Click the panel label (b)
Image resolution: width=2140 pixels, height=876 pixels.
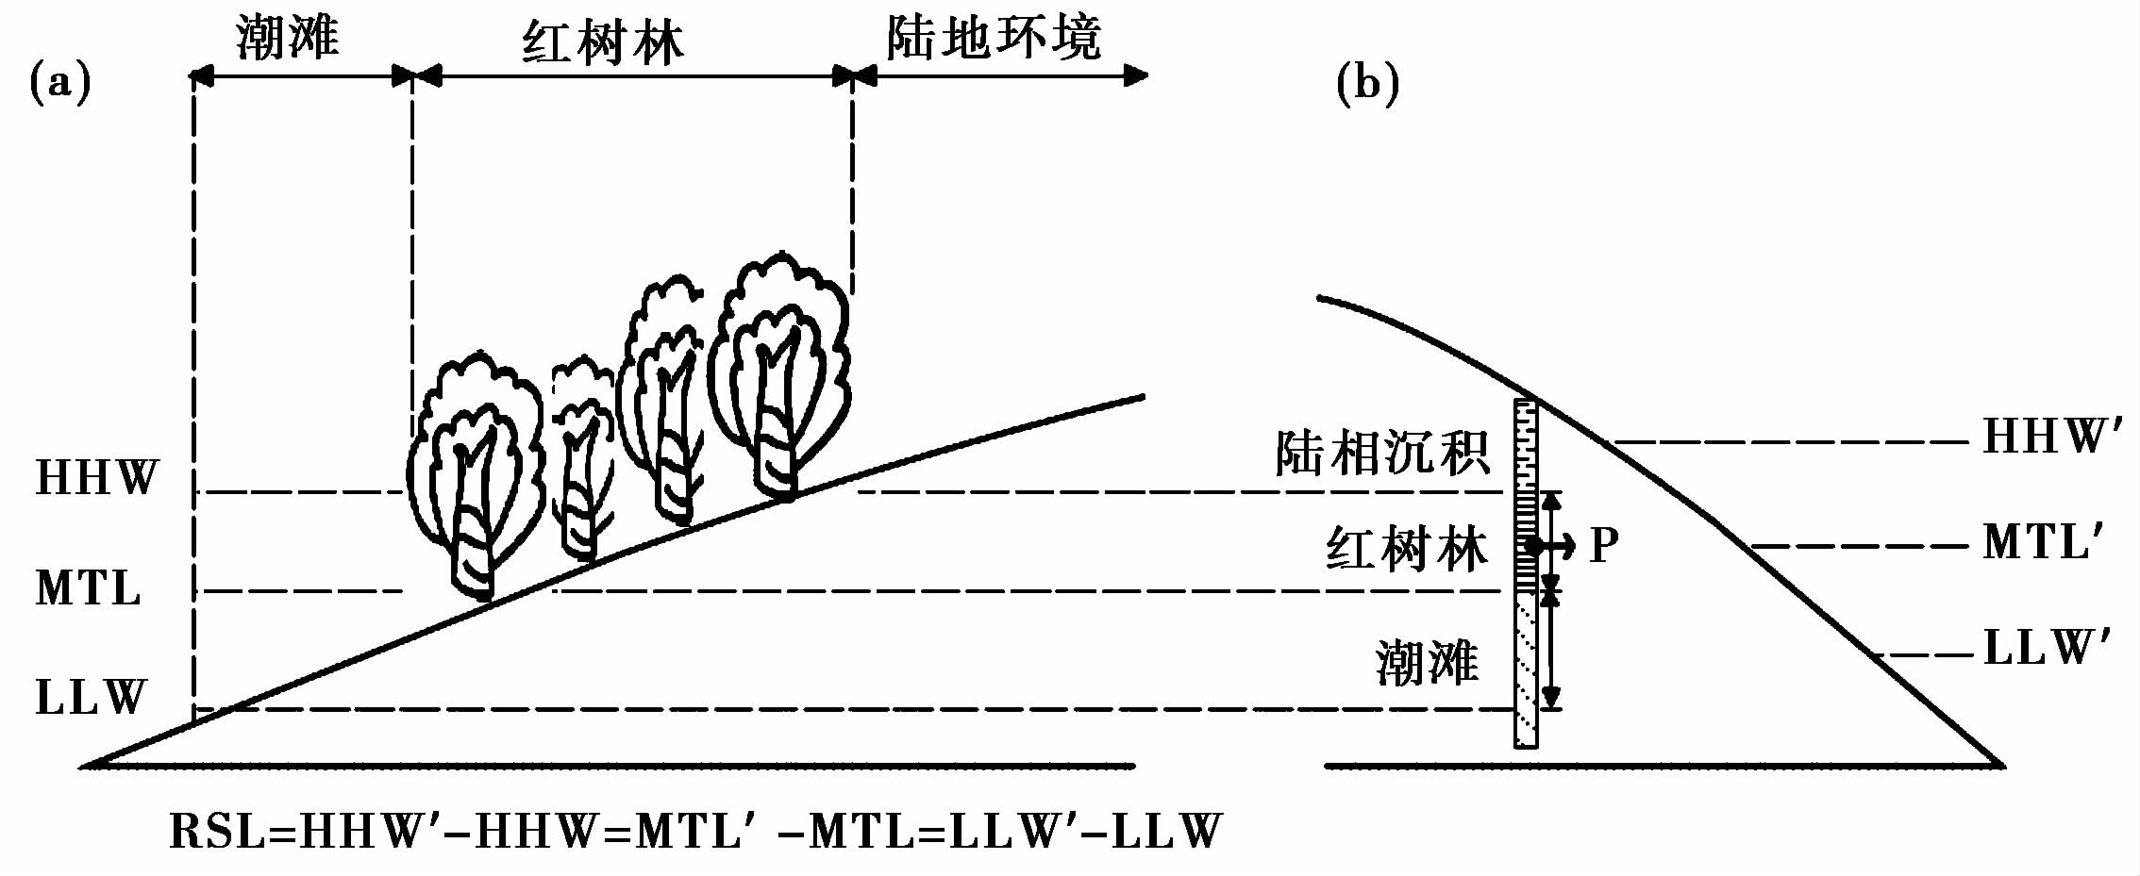(x=1367, y=83)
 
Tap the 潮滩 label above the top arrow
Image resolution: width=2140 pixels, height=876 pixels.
(x=287, y=39)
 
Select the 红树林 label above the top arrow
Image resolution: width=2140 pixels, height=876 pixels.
(x=603, y=43)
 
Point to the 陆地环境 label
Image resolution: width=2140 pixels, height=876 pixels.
(x=993, y=39)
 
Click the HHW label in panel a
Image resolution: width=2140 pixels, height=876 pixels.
(x=97, y=478)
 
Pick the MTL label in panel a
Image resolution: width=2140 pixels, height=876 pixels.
(x=89, y=588)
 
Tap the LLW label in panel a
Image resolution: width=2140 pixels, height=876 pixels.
(x=92, y=698)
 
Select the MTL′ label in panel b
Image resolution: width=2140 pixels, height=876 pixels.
(x=2044, y=544)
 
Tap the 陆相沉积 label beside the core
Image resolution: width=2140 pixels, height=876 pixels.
(x=1382, y=454)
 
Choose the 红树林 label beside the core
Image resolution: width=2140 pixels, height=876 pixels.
(x=1407, y=549)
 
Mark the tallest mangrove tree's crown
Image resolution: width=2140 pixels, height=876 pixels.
(x=779, y=330)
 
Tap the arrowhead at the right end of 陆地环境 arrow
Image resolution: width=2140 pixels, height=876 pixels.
(x=1137, y=75)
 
